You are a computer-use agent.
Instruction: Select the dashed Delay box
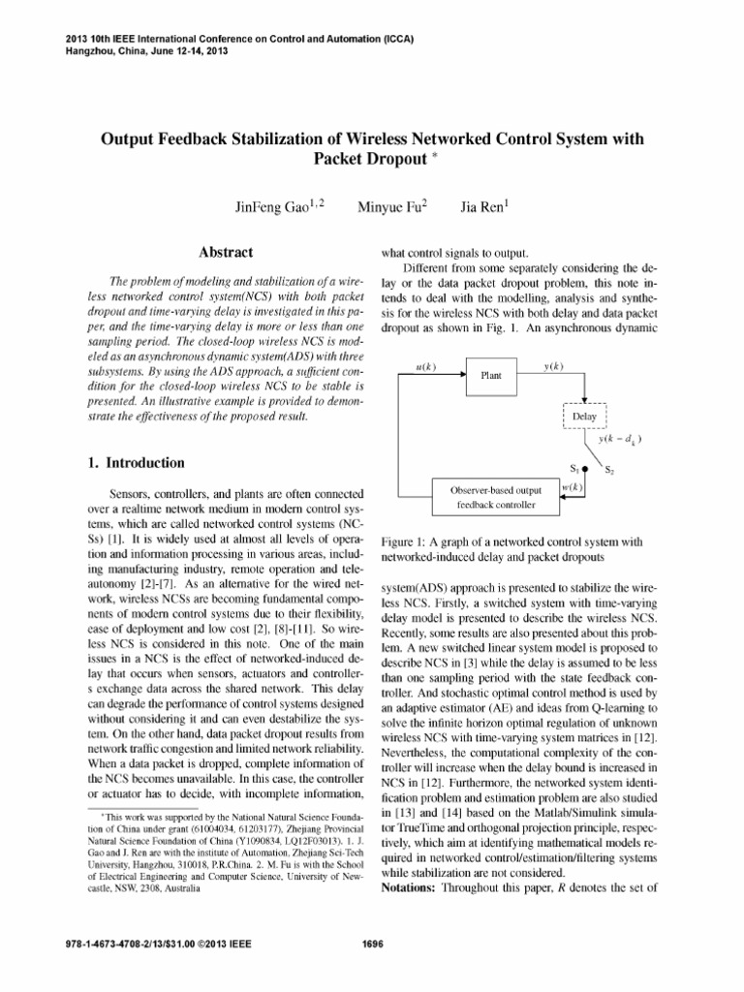584,418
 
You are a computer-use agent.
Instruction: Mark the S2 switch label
610,472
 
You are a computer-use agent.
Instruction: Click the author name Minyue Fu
393,207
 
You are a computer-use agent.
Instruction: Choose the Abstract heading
226,253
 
